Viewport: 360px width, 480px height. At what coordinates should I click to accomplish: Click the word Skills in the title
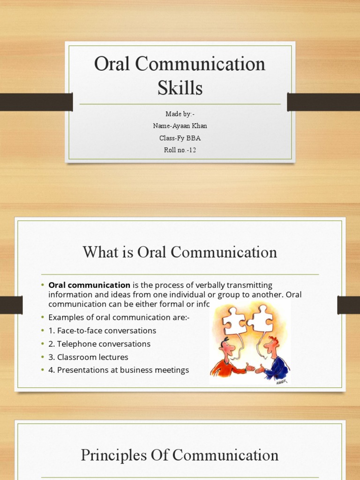(x=180, y=88)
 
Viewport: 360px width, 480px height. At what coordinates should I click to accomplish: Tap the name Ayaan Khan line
(x=180, y=126)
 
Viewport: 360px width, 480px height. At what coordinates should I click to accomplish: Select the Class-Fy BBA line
(x=180, y=138)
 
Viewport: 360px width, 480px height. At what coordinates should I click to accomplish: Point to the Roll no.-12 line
(x=180, y=150)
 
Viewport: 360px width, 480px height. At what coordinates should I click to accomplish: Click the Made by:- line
(x=180, y=114)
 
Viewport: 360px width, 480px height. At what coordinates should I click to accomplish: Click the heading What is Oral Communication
(x=180, y=253)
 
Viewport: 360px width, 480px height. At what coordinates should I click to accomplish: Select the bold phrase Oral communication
(x=90, y=285)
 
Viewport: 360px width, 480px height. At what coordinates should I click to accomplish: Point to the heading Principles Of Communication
(x=180, y=455)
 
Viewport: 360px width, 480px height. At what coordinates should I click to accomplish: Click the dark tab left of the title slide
(x=36, y=102)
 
